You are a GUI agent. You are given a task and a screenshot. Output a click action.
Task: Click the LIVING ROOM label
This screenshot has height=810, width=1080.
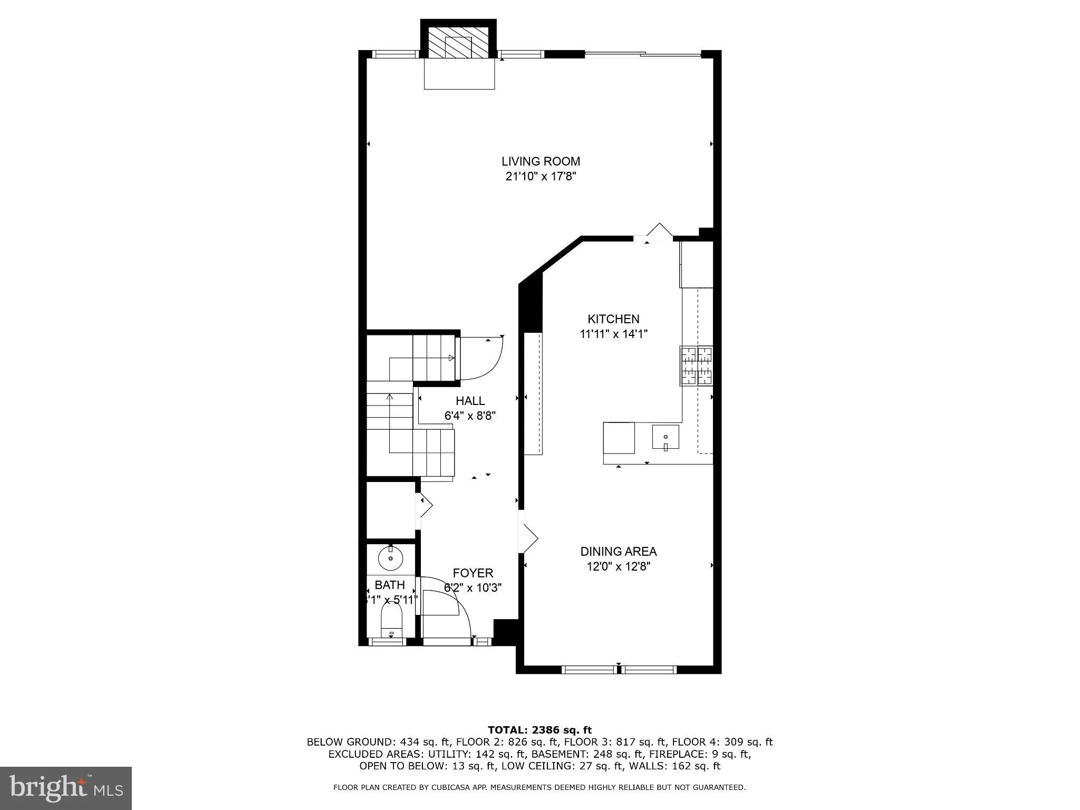click(x=541, y=161)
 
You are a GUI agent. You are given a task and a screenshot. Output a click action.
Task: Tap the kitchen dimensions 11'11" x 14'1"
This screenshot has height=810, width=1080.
click(x=613, y=334)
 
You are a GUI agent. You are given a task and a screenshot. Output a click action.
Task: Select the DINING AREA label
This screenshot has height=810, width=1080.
click(x=618, y=552)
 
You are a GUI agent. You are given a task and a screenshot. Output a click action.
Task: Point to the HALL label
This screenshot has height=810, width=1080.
click(x=470, y=401)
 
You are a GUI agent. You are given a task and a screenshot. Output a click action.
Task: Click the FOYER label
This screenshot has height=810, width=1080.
click(x=473, y=573)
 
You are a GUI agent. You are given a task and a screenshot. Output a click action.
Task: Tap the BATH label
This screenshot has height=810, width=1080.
click(x=390, y=585)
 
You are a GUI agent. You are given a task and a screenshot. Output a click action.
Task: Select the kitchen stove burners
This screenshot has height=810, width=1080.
click(x=696, y=365)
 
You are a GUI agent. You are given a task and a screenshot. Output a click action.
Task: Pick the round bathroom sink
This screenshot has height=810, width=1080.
click(x=391, y=558)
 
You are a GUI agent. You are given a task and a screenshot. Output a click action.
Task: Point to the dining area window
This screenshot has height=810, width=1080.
click(x=619, y=670)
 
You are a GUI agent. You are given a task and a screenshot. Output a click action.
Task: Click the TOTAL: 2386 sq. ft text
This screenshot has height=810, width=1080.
click(x=539, y=730)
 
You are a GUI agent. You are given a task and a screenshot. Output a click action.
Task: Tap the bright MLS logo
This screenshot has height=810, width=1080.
click(x=66, y=788)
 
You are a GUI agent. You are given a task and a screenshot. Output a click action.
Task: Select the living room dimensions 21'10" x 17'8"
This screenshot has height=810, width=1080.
click(x=541, y=177)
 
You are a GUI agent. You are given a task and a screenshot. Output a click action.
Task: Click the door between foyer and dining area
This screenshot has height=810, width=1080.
click(x=528, y=538)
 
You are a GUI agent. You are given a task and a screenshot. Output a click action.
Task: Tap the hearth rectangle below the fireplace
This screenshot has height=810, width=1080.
click(x=459, y=74)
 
